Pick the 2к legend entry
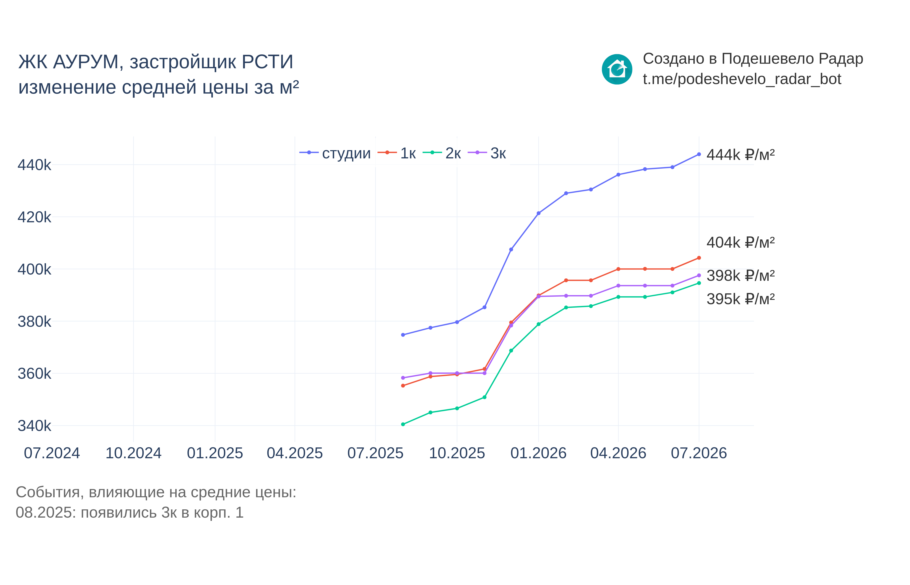[x=442, y=153]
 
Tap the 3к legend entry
[x=487, y=153]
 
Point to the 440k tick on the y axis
[x=34, y=165]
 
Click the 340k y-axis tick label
[x=34, y=426]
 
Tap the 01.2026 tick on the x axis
[x=538, y=453]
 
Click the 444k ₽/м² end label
[x=740, y=155]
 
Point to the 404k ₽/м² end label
[x=740, y=242]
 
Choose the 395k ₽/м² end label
[x=740, y=299]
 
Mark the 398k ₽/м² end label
[x=740, y=275]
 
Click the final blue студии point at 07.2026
[x=699, y=154]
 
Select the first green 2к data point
[x=403, y=424]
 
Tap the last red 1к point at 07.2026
[x=699, y=258]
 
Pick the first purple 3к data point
[x=403, y=378]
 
